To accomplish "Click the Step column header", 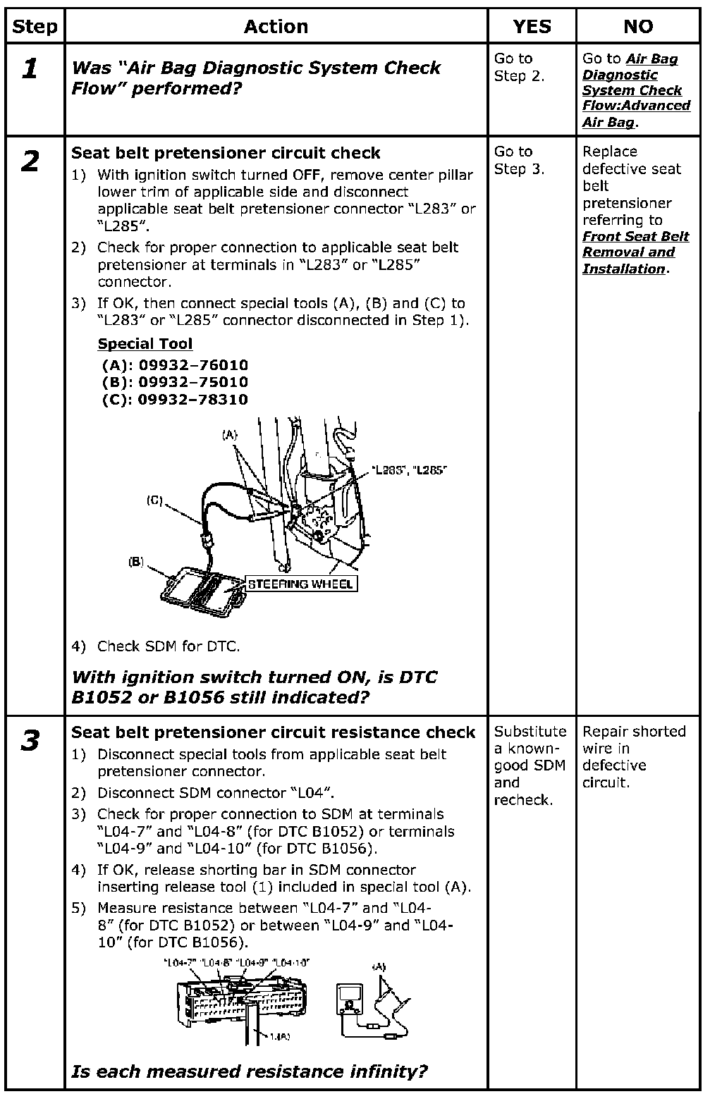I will pyautogui.click(x=35, y=27).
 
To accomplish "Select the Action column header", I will pyautogui.click(x=276, y=27).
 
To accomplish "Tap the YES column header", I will pyautogui.click(x=532, y=27).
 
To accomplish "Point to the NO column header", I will pyautogui.click(x=638, y=27).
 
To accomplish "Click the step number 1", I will pyautogui.click(x=30, y=69).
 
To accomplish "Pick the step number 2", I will pyautogui.click(x=30, y=162).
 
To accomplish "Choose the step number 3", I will pyautogui.click(x=30, y=742).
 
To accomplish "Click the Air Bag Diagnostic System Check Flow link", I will pyautogui.click(x=635, y=90).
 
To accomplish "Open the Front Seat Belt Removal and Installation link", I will pyautogui.click(x=635, y=252).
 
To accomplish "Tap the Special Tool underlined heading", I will pyautogui.click(x=145, y=344).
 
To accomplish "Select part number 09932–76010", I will pyautogui.click(x=192, y=365).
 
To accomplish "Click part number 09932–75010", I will pyautogui.click(x=192, y=382).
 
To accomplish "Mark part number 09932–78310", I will pyautogui.click(x=192, y=399).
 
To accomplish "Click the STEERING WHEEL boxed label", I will pyautogui.click(x=300, y=584).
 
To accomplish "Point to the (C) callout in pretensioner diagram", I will pyautogui.click(x=154, y=500).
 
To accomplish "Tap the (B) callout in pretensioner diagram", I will pyautogui.click(x=136, y=562).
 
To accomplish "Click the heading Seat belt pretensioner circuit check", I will pyautogui.click(x=226, y=153).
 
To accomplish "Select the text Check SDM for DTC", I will pyautogui.click(x=168, y=646).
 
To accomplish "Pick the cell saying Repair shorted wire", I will pyautogui.click(x=633, y=756).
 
